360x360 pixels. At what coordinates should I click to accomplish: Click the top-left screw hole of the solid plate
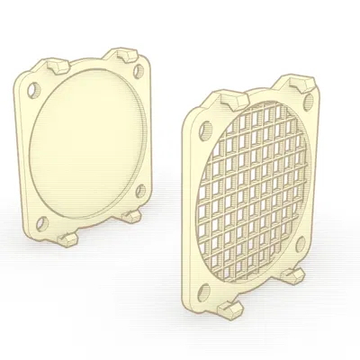(33, 90)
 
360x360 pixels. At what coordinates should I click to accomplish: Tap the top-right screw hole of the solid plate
(136, 70)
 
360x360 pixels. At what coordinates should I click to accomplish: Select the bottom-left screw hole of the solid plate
(41, 221)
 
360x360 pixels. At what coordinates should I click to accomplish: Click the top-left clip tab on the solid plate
(57, 65)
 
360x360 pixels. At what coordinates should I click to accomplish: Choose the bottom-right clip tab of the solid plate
(131, 216)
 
